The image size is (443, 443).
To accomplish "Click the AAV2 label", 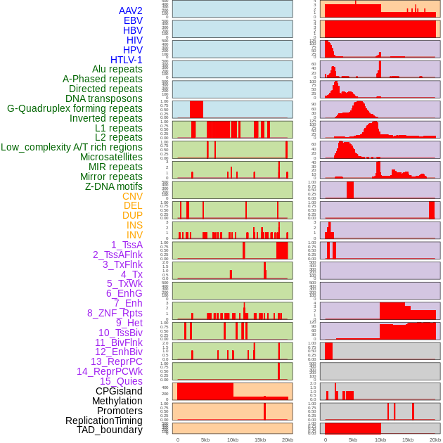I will coord(130,11).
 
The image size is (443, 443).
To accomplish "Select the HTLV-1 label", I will coord(126,60).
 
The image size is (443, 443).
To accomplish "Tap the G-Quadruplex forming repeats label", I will coord(75,109).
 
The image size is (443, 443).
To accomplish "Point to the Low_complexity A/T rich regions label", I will coord(71,147).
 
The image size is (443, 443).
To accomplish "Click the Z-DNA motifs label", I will coord(113,186).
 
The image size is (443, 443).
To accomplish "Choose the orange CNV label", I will coord(132,196).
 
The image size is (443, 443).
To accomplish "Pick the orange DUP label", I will coord(132,215).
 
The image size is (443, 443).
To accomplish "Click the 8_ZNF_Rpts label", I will coord(115,313).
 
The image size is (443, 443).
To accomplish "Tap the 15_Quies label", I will coord(120,381).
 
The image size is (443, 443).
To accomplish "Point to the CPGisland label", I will coord(119,391).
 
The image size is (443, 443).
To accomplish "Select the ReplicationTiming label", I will coord(103,420).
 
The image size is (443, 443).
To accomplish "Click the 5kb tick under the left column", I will coord(205,439).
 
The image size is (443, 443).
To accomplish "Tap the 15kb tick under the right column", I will coord(407,439).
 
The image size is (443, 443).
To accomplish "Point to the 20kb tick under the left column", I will coord(287,439).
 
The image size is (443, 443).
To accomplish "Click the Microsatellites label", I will coord(111,157).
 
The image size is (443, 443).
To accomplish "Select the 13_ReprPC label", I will coord(116,361).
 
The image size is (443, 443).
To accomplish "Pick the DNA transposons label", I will coord(103,98).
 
